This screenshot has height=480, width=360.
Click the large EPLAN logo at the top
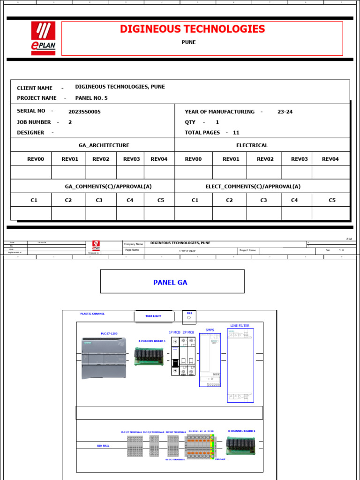(x=43, y=38)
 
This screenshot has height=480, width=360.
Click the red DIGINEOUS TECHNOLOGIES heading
(x=192, y=29)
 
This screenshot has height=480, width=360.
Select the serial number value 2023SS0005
(x=84, y=112)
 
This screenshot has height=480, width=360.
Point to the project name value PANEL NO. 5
(x=91, y=98)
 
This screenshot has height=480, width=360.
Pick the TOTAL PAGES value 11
(x=236, y=133)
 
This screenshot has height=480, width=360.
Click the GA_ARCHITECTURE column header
(x=104, y=145)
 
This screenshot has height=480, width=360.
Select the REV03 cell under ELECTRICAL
(x=299, y=159)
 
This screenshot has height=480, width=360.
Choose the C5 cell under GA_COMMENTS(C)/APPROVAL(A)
(x=161, y=200)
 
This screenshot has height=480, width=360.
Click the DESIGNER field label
(x=30, y=133)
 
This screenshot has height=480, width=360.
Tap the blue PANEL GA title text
(x=170, y=282)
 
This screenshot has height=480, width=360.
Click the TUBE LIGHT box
(x=153, y=316)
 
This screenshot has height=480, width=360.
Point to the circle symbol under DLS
(x=189, y=318)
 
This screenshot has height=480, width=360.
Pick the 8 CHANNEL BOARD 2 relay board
(x=241, y=446)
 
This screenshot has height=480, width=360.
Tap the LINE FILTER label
(x=240, y=325)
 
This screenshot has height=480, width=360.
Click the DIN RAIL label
(x=103, y=446)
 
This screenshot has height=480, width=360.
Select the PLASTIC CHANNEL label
(x=92, y=314)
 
